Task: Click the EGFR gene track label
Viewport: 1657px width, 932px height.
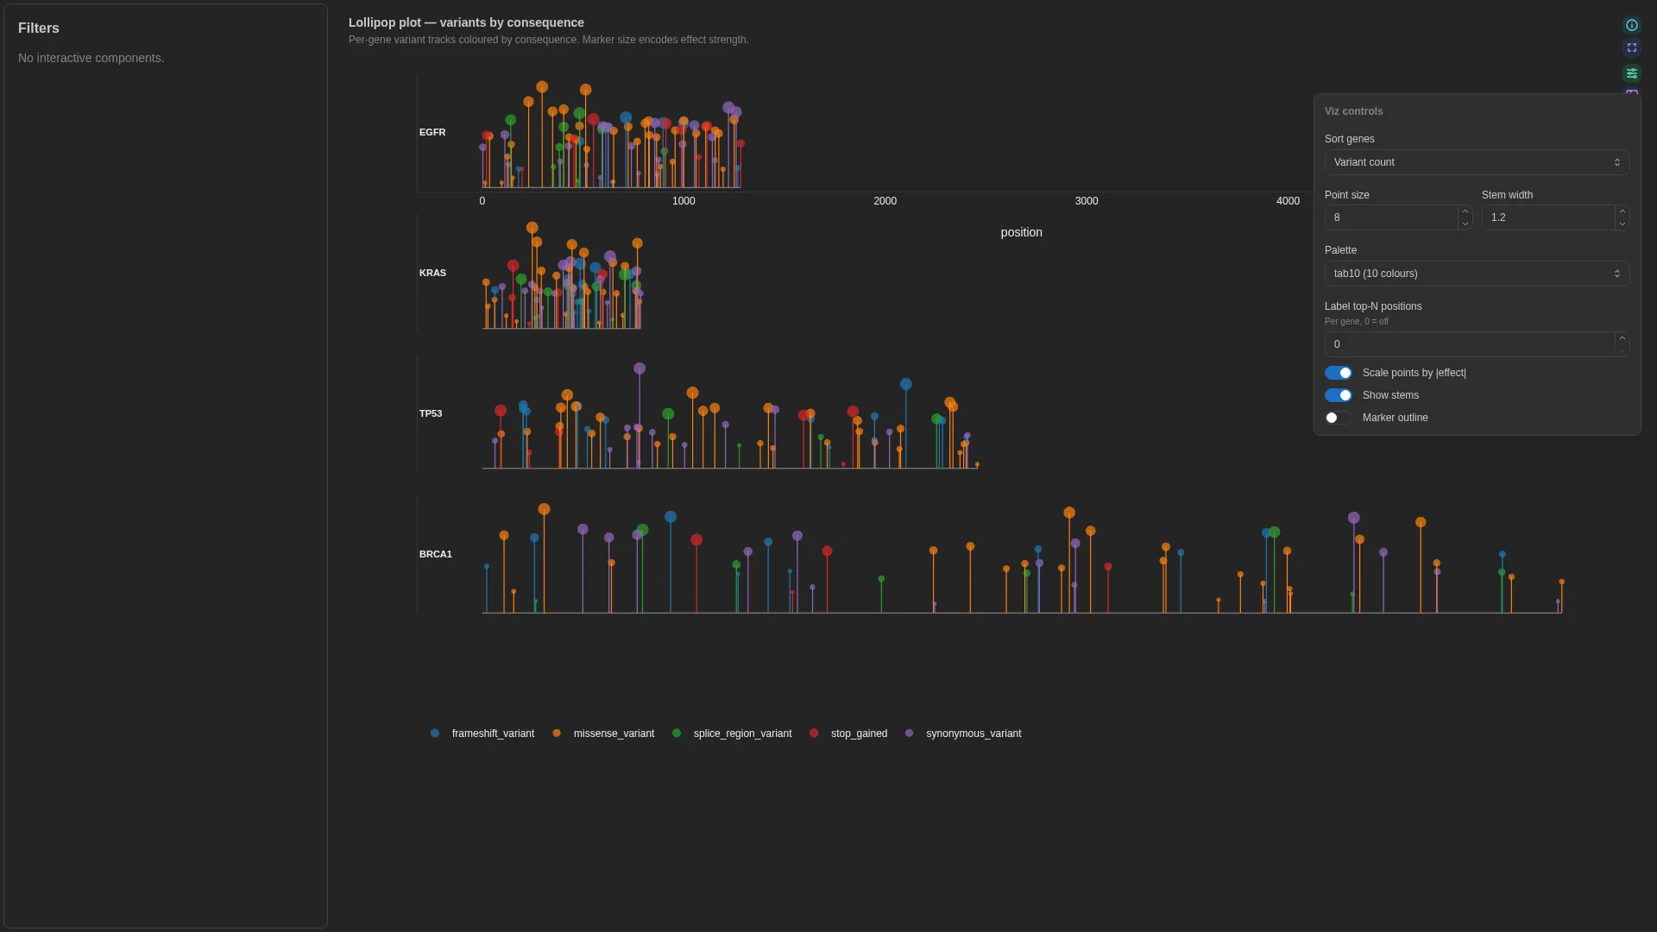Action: [x=432, y=132]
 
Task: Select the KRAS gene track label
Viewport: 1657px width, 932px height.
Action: [x=432, y=273]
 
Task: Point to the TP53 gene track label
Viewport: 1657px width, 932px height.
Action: [x=431, y=413]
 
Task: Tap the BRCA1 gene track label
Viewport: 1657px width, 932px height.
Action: [x=436, y=554]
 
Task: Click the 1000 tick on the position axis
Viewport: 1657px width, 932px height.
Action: [x=684, y=201]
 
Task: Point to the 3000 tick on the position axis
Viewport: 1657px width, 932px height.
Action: [x=1087, y=201]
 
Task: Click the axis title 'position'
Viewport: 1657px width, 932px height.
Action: [x=1022, y=233]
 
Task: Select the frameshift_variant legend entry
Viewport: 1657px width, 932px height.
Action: [x=482, y=734]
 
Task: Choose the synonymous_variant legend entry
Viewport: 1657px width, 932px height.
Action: [x=963, y=734]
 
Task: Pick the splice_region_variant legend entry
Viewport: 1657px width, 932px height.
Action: [x=732, y=734]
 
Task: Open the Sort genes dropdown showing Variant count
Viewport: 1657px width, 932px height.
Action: [x=1477, y=162]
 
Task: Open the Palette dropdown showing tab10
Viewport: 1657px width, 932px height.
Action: [x=1477, y=274]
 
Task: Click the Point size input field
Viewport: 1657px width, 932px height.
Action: [x=1391, y=217]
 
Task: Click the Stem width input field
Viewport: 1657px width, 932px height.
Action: [x=1548, y=217]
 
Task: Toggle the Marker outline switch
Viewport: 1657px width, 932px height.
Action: [x=1339, y=418]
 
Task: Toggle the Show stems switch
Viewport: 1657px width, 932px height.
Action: [x=1339, y=395]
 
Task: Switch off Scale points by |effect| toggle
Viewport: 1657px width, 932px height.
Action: [x=1339, y=373]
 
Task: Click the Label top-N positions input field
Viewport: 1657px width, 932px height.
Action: [x=1470, y=344]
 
